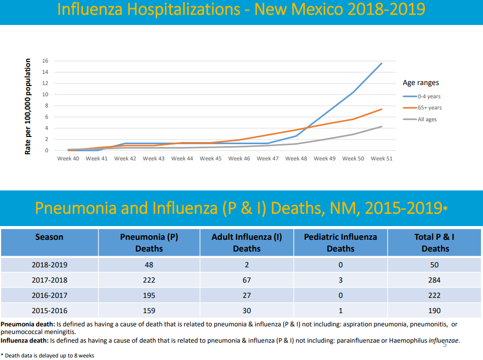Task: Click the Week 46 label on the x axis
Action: coord(239,159)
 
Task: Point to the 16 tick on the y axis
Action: coord(45,61)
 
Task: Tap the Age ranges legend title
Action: coord(420,82)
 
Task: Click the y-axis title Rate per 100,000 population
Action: coord(28,106)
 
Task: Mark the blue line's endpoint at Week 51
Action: coord(382,63)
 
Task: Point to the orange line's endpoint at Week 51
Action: coord(382,109)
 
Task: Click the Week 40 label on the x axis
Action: coord(68,159)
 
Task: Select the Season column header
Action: coord(49,237)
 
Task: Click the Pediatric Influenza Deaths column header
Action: coord(340,242)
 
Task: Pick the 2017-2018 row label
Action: coord(49,280)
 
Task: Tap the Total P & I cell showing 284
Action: coord(435,280)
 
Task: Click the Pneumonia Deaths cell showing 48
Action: coord(149,265)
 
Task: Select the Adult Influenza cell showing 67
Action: coord(246,280)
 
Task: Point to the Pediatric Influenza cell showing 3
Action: coord(340,280)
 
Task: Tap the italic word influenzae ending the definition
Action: coord(444,341)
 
